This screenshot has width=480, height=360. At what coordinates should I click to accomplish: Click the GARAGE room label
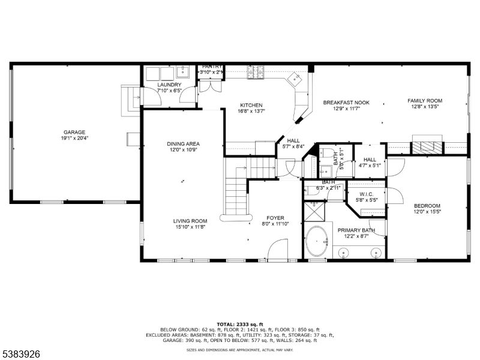(75, 132)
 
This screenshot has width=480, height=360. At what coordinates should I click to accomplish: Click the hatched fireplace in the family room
(427, 146)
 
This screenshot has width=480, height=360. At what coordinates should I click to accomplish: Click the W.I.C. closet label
(366, 194)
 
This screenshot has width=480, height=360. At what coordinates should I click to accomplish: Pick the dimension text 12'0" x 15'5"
(427, 211)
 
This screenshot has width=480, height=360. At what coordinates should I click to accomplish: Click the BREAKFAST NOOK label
(346, 102)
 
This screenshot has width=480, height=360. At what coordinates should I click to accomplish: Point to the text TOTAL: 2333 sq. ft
(239, 324)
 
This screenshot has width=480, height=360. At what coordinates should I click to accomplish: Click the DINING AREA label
(183, 144)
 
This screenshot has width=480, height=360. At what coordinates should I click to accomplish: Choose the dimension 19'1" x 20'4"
(75, 138)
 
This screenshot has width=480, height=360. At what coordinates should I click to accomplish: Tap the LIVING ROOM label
(190, 221)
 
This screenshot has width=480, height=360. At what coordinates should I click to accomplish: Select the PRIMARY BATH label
(356, 230)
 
